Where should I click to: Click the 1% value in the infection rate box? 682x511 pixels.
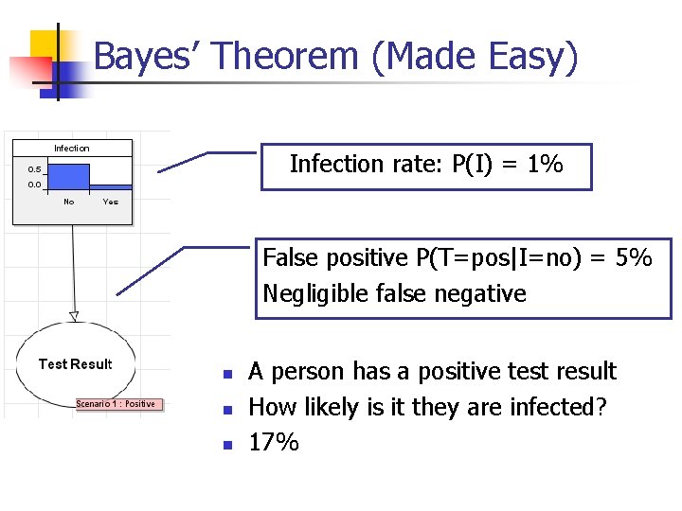546,165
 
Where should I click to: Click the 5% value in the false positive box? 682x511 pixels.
633,257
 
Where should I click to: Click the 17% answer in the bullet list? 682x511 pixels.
273,442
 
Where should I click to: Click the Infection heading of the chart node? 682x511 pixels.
72,149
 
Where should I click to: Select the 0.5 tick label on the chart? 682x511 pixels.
34,169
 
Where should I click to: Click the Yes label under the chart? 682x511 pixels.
110,202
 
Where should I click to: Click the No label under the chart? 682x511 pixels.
68,202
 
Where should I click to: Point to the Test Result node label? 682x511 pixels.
75,364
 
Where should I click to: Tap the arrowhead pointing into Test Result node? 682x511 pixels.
74,315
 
